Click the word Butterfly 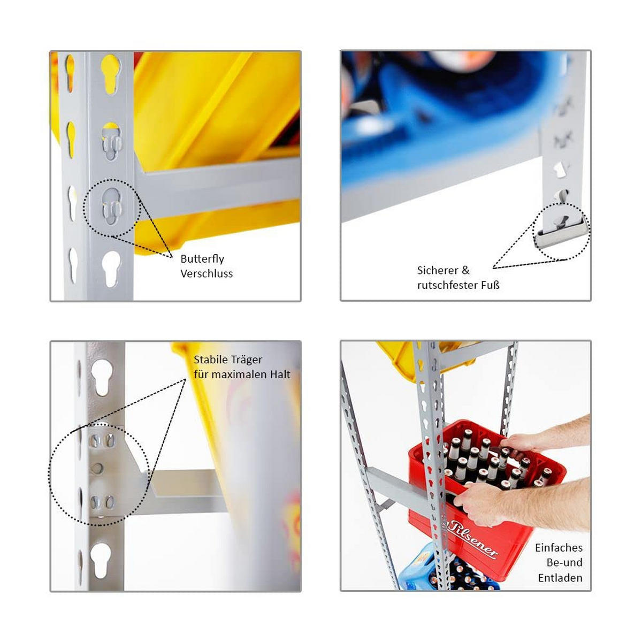pyautogui.click(x=202, y=259)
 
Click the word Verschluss pyautogui.click(x=207, y=273)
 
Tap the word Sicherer pyautogui.click(x=439, y=270)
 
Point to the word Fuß pyautogui.click(x=490, y=285)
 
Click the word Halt pyautogui.click(x=280, y=374)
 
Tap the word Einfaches pyautogui.click(x=559, y=520)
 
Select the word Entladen pyautogui.click(x=560, y=550)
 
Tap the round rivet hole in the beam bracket pyautogui.click(x=97, y=469)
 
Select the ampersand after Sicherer pyautogui.click(x=466, y=270)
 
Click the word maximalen pyautogui.click(x=239, y=374)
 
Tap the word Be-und pyautogui.click(x=564, y=535)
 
